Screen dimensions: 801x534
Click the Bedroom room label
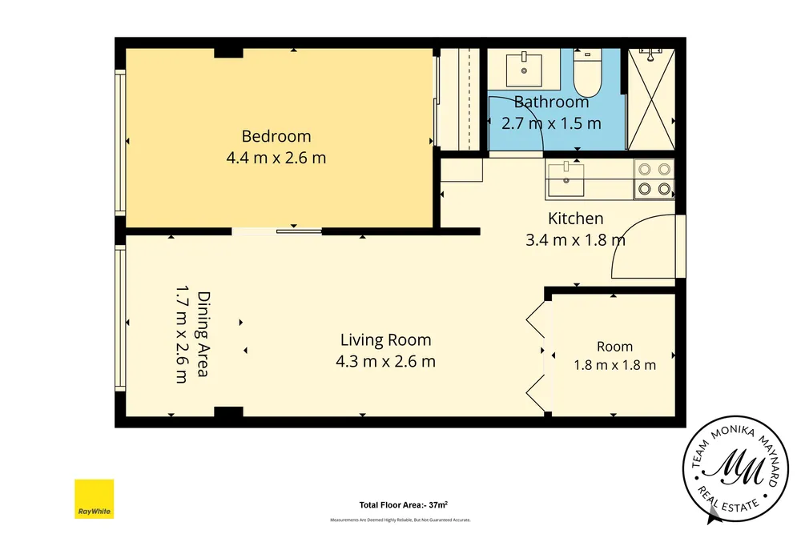click(276, 136)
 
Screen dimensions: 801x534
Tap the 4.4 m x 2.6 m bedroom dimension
click(276, 158)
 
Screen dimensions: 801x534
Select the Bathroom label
click(551, 102)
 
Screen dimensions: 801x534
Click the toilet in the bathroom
click(587, 73)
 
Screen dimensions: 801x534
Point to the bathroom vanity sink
click(524, 69)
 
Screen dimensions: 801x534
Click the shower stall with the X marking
click(651, 99)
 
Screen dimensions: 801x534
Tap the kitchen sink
click(566, 179)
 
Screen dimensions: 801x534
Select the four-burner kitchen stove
click(654, 179)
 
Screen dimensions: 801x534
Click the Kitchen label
click(576, 219)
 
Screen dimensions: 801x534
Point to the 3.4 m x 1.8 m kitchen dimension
click(576, 240)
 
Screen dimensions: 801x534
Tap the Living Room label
click(386, 340)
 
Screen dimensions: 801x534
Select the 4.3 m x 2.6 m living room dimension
click(386, 361)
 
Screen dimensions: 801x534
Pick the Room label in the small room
click(614, 347)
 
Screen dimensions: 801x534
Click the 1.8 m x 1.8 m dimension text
click(614, 365)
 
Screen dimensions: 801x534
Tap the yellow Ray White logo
click(94, 499)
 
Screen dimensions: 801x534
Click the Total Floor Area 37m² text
click(404, 505)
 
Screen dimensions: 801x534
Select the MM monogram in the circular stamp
click(736, 468)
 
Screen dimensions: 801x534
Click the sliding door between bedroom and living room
click(277, 232)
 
